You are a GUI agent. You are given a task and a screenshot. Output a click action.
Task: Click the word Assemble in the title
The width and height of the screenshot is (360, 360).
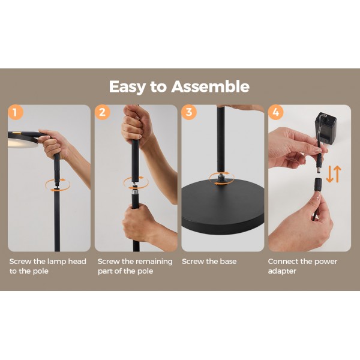[x=211, y=86]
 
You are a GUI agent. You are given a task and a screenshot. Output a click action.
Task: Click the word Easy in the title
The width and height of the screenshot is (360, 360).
[x=127, y=87]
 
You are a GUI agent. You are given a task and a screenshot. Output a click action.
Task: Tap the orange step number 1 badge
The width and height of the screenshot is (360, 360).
[x=16, y=112]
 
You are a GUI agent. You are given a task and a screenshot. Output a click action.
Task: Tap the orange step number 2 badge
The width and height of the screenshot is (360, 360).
[x=103, y=112]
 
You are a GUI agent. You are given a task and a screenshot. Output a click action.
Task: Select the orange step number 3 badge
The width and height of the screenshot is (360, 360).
[x=189, y=112]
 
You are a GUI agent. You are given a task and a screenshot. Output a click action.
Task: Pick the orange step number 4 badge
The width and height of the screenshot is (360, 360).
[x=276, y=112]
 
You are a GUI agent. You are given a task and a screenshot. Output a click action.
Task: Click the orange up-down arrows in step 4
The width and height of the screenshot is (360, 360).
[x=334, y=174]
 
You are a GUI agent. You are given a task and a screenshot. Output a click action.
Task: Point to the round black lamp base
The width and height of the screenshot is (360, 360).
[x=223, y=206]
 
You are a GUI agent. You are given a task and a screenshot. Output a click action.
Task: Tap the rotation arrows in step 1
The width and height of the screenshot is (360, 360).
[x=58, y=185]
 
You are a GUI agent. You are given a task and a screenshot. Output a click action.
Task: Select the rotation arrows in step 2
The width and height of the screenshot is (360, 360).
[x=136, y=183]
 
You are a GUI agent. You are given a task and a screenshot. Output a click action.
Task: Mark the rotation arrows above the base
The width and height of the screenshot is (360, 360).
[x=222, y=178]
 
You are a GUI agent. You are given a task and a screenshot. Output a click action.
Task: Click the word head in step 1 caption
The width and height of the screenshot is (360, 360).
[x=77, y=261]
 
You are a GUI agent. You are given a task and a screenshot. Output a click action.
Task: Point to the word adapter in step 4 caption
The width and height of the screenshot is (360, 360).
[x=282, y=271]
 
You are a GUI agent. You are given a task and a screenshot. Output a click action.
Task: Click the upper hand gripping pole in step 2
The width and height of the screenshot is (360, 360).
[x=136, y=125]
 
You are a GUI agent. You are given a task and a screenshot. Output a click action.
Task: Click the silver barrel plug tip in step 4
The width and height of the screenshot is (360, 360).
[x=320, y=170]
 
